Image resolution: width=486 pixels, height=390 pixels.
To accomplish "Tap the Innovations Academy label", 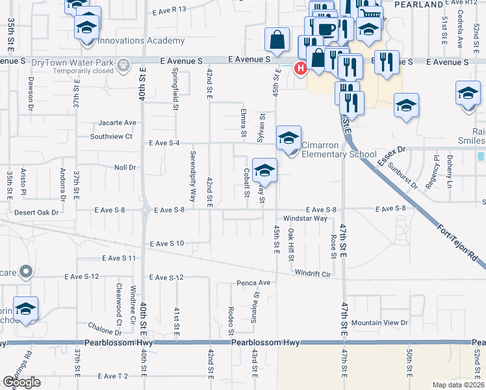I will (x=140, y=41).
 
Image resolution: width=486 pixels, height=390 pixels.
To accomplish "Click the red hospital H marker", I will (x=301, y=68).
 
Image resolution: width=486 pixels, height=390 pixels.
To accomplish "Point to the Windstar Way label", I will (x=305, y=218).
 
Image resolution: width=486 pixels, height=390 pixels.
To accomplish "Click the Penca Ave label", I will (x=253, y=283).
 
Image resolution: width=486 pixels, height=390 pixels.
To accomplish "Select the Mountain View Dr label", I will (x=379, y=322).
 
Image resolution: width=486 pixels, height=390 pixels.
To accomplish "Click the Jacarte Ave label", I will (x=118, y=122).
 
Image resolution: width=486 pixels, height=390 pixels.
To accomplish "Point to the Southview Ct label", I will (x=111, y=136).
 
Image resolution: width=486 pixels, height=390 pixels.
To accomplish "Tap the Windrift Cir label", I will (x=313, y=274).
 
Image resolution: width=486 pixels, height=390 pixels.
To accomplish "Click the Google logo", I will (x=21, y=382).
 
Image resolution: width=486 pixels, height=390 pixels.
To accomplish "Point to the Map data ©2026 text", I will (x=457, y=385).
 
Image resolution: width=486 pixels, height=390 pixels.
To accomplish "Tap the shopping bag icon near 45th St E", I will (x=277, y=40).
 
